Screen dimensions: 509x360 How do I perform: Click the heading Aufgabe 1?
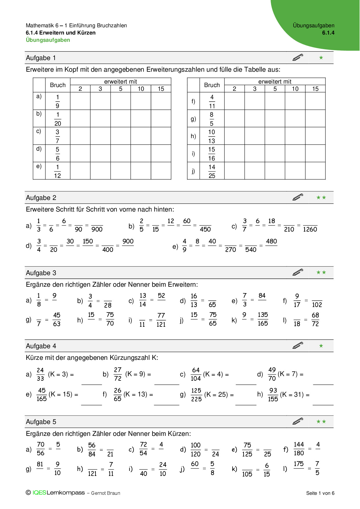pyautogui.click(x=41, y=58)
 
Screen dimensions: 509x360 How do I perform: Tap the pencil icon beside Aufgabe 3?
pyautogui.click(x=298, y=272)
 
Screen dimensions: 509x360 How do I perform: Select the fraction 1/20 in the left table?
pyautogui.click(x=58, y=119)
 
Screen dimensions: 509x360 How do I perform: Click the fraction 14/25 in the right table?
pyautogui.click(x=212, y=171)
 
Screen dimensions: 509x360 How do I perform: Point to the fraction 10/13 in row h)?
pyautogui.click(x=212, y=136)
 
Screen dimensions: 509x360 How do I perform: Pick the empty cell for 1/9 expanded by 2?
pyautogui.click(x=80, y=101)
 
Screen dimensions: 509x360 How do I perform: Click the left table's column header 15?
pyautogui.click(x=161, y=89)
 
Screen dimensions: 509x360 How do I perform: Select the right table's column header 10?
pyautogui.click(x=295, y=89)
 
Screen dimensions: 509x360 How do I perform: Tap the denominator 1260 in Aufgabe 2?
pyautogui.click(x=310, y=230)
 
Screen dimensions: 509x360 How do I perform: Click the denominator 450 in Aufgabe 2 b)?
pyautogui.click(x=205, y=230)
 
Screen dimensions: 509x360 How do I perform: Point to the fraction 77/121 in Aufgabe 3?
pyautogui.click(x=161, y=320)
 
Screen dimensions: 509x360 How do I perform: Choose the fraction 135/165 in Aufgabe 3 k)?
pyautogui.click(x=263, y=319)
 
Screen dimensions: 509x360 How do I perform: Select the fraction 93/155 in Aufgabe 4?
pyautogui.click(x=273, y=395)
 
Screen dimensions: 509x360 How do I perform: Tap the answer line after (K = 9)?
pyautogui.click(x=167, y=384)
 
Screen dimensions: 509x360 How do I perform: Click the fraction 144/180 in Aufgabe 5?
pyautogui.click(x=299, y=449)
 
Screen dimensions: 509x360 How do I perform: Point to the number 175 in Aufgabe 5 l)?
pyautogui.click(x=299, y=464)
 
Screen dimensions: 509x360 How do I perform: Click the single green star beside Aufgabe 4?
pyautogui.click(x=321, y=346)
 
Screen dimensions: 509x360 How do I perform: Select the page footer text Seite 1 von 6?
pyautogui.click(x=320, y=493)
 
